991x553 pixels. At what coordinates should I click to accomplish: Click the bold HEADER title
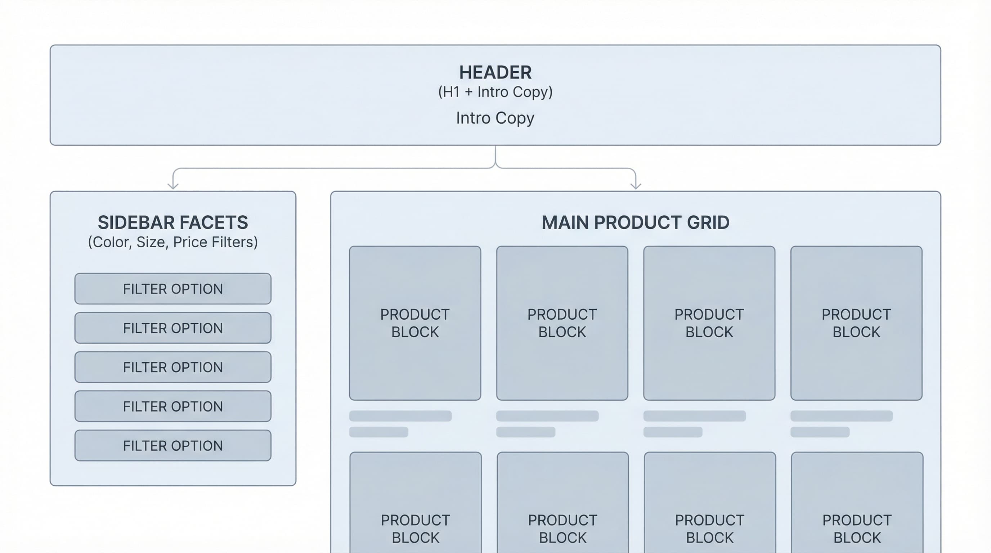click(x=495, y=72)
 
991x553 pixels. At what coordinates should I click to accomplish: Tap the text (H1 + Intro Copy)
click(x=495, y=92)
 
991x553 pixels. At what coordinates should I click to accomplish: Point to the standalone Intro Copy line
click(x=495, y=118)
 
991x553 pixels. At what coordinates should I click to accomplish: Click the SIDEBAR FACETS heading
click(x=173, y=222)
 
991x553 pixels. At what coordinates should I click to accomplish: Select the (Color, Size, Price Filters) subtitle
click(x=173, y=242)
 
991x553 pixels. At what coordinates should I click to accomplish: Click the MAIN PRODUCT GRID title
click(x=635, y=222)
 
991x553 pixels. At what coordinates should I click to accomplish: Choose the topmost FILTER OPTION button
click(x=173, y=289)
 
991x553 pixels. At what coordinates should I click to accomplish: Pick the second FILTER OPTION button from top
click(x=173, y=328)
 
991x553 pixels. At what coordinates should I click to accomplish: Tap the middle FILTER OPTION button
click(x=173, y=367)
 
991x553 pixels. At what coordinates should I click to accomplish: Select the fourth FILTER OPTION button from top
click(x=173, y=406)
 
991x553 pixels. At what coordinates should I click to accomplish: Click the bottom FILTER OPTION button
click(x=173, y=446)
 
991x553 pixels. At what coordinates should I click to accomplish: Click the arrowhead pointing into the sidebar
click(x=173, y=186)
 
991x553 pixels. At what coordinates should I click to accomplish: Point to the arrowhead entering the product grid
click(x=636, y=186)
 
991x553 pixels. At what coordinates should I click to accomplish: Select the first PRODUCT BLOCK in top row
click(x=415, y=323)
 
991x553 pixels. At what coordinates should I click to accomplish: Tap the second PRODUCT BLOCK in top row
click(x=562, y=323)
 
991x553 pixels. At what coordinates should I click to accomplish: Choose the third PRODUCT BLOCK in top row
click(x=709, y=323)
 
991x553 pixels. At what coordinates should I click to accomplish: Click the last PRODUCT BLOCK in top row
click(x=856, y=323)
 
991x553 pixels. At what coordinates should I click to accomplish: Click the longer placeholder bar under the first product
click(x=400, y=416)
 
